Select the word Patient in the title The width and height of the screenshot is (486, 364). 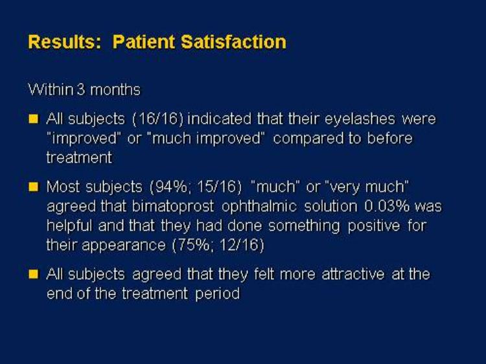point(143,42)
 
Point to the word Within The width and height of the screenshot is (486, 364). point(51,89)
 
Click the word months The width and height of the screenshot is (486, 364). point(115,89)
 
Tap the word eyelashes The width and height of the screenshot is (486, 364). point(360,120)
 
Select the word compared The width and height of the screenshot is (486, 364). point(308,139)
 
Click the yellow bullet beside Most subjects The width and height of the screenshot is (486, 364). point(33,187)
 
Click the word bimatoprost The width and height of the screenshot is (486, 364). point(173,207)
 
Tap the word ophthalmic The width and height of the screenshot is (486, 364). point(259,207)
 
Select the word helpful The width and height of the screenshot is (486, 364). point(69,226)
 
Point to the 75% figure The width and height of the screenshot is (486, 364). point(192,245)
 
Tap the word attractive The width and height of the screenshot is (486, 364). point(353,275)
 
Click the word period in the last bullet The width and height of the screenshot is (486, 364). point(218,293)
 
